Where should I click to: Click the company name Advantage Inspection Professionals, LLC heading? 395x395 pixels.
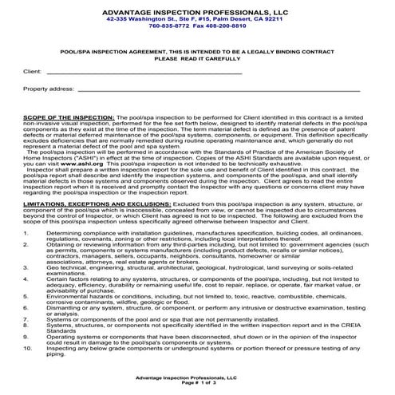(196, 11)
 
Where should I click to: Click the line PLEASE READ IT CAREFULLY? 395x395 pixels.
(197, 58)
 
